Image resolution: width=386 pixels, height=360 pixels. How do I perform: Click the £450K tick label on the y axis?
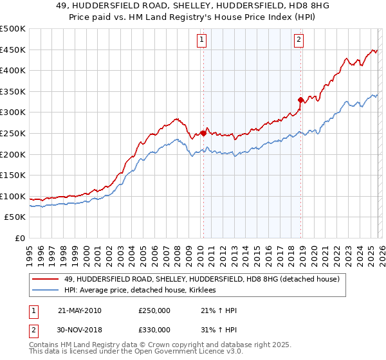tap(13, 50)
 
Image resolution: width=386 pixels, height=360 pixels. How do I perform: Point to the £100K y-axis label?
tap(13, 196)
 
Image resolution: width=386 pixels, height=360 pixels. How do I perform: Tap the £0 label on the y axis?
tap(20, 238)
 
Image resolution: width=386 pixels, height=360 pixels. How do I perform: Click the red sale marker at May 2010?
tap(203, 133)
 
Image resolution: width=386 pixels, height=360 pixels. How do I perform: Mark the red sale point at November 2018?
tap(300, 100)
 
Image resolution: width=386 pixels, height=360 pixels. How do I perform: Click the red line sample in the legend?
tap(46, 279)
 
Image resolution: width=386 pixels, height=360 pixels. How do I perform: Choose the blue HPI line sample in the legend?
tap(46, 291)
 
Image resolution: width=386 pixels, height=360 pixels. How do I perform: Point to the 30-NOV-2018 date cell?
tap(80, 329)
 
